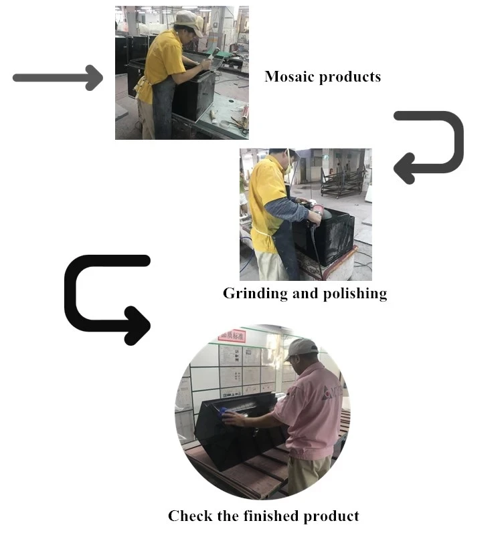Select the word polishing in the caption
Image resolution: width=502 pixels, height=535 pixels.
tap(354, 294)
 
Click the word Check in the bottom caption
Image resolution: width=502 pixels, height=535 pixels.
tap(189, 516)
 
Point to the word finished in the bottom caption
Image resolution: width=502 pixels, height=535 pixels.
tap(276, 516)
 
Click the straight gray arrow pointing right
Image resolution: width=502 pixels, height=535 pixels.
tap(58, 78)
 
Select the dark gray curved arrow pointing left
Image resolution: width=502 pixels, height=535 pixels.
tap(428, 146)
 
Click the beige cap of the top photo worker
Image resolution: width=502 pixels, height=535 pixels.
tap(188, 21)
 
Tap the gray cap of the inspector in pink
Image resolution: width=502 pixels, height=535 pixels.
tap(302, 347)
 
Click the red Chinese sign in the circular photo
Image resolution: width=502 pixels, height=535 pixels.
tap(232, 335)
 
